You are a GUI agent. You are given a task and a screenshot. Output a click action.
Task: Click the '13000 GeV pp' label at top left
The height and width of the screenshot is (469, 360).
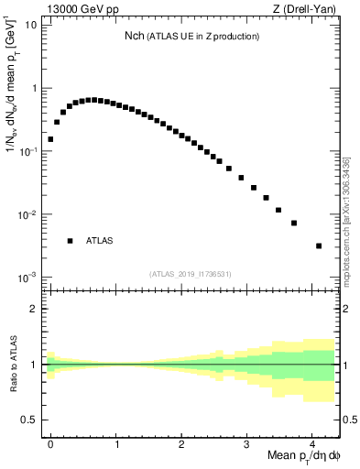tap(77, 9)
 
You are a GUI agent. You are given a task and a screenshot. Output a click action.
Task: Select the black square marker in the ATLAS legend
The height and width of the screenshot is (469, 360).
tap(70, 241)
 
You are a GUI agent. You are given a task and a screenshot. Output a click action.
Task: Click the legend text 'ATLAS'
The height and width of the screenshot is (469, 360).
tap(99, 241)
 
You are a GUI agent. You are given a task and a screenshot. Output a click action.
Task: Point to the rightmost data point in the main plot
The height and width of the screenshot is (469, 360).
tap(318, 245)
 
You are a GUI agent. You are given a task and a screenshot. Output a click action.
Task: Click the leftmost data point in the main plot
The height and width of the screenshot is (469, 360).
tap(50, 139)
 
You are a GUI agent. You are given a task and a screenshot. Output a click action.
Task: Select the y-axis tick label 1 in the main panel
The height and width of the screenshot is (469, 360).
tap(34, 89)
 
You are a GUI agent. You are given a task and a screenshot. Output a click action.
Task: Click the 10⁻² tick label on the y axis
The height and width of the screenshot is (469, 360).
tap(28, 214)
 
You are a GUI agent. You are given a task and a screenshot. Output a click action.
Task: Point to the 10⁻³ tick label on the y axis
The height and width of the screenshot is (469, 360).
tap(28, 278)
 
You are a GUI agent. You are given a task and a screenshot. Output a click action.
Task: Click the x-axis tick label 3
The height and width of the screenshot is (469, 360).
tap(246, 443)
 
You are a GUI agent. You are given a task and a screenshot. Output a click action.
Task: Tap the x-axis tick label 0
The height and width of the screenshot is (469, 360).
tap(50, 443)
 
